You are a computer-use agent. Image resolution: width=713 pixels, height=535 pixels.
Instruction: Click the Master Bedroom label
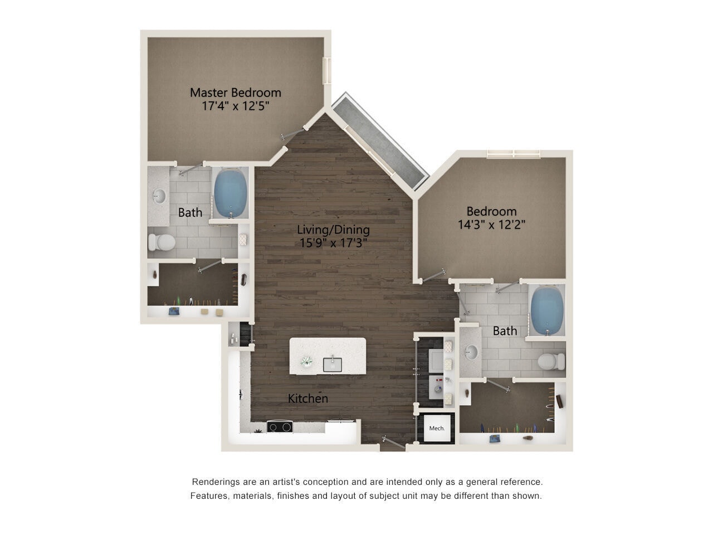pyautogui.click(x=235, y=92)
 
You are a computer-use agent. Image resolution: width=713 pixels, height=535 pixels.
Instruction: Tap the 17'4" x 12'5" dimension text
pyautogui.click(x=235, y=106)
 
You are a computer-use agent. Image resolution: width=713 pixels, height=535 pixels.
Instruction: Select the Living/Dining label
pyautogui.click(x=333, y=229)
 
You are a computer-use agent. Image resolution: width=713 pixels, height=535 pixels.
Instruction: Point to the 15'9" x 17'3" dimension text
pyautogui.click(x=333, y=243)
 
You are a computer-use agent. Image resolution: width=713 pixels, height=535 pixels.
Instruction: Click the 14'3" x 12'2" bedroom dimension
pyautogui.click(x=491, y=225)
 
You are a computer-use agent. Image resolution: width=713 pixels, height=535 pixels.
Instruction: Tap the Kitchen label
pyautogui.click(x=307, y=398)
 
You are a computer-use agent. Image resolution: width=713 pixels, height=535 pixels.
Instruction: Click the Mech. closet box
pyautogui.click(x=437, y=428)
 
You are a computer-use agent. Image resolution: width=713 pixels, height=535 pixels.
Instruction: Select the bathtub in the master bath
pyautogui.click(x=231, y=193)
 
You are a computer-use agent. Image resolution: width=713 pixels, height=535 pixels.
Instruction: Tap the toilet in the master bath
pyautogui.click(x=162, y=242)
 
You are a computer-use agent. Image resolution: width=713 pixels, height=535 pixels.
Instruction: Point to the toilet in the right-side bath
pyautogui.click(x=551, y=361)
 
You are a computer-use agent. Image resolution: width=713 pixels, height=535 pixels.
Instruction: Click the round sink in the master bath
pyautogui.click(x=159, y=196)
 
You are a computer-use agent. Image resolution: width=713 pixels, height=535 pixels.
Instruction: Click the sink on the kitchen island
pyautogui.click(x=333, y=364)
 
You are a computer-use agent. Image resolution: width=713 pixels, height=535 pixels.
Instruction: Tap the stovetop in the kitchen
pyautogui.click(x=280, y=427)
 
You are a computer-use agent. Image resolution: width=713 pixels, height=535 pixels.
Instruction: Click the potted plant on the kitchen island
pyautogui.click(x=306, y=362)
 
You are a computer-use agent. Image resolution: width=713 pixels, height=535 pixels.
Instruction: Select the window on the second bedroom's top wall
pyautogui.click(x=512, y=154)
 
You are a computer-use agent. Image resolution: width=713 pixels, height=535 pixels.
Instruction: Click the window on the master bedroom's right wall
pyautogui.click(x=328, y=71)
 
